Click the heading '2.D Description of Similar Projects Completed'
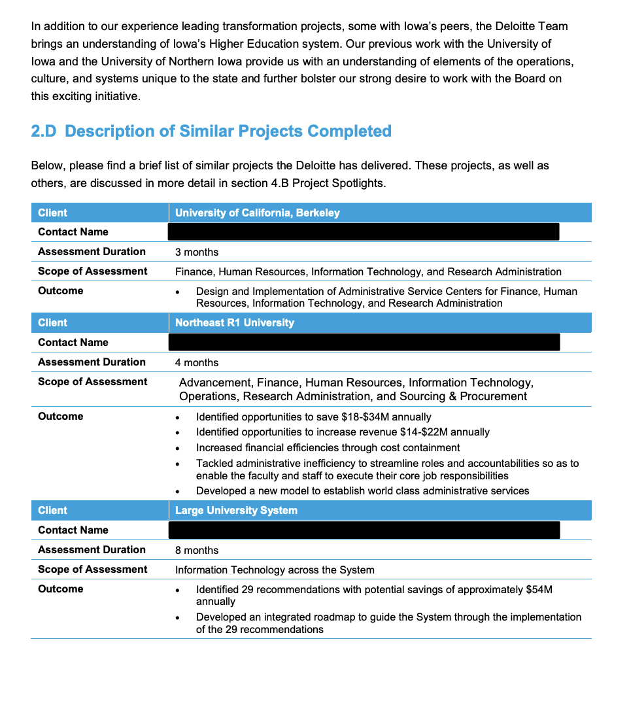coord(211,131)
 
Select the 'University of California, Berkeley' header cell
coord(258,213)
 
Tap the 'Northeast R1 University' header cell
coord(235,322)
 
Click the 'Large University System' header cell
coord(236,510)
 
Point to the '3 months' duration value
coord(197,252)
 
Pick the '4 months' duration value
coord(197,362)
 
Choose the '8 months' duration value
coord(197,550)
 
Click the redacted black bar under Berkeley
coord(364,231)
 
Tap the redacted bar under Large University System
coord(364,530)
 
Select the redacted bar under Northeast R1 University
coord(364,342)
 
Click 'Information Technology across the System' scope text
coord(275,570)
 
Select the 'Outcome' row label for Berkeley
coord(61,290)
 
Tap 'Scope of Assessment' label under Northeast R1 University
coord(93,381)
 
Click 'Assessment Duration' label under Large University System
coord(92,549)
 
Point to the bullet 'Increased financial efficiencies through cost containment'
coord(328,448)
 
